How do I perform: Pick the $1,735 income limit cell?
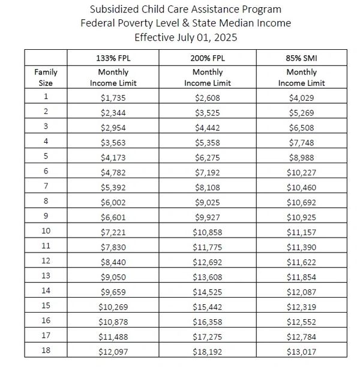[110, 97]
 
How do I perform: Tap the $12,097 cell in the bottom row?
[110, 350]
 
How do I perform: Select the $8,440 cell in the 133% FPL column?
[110, 261]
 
